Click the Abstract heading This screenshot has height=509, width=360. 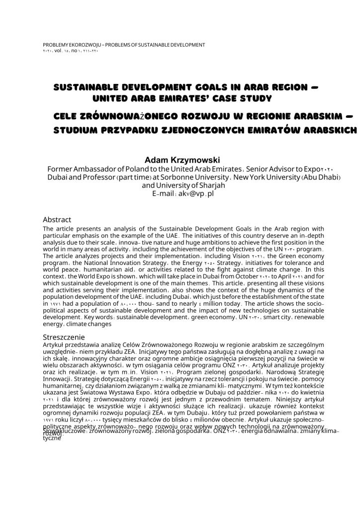click(57, 220)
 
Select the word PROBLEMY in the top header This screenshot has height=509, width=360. click(57, 45)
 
